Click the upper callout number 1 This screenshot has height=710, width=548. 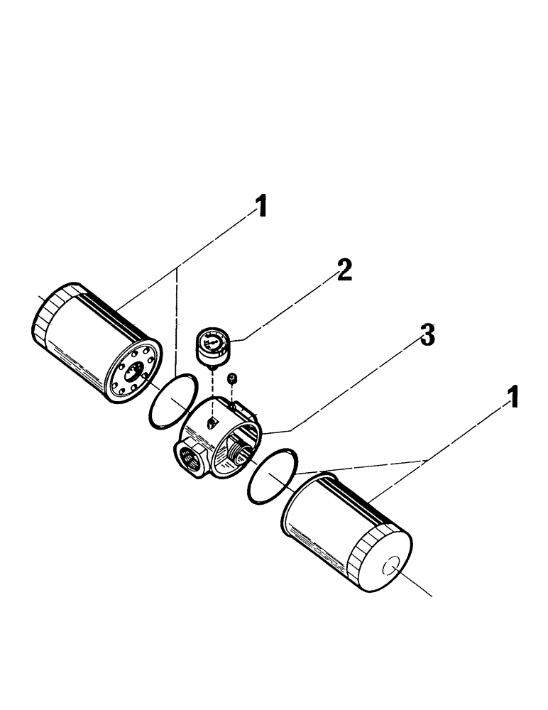pyautogui.click(x=261, y=206)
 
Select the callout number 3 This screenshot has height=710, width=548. pyautogui.click(x=426, y=335)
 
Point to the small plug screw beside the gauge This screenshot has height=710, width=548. pyautogui.click(x=232, y=381)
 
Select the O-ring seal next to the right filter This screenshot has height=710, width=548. pyautogui.click(x=274, y=476)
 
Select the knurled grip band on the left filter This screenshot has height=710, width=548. pyautogui.click(x=50, y=315)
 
